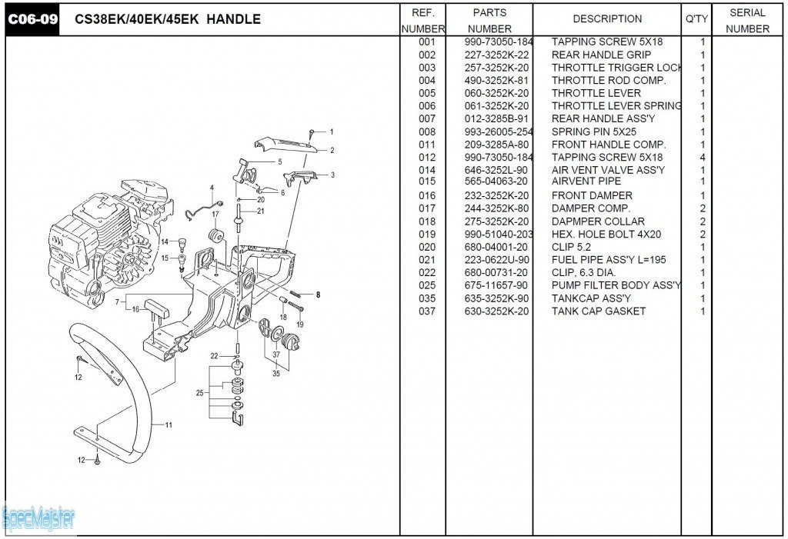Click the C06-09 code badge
pyautogui.click(x=33, y=19)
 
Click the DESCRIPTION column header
pyautogui.click(x=607, y=19)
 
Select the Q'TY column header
pyautogui.click(x=696, y=19)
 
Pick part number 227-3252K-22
pyautogui.click(x=496, y=55)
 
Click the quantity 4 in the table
pyautogui.click(x=702, y=158)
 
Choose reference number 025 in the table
pyautogui.click(x=427, y=285)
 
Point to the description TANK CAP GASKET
pyautogui.click(x=598, y=311)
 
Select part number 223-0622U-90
pyautogui.click(x=496, y=260)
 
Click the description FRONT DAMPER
pyautogui.click(x=592, y=196)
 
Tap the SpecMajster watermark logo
pyautogui.click(x=38, y=519)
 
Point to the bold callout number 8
pyautogui.click(x=317, y=294)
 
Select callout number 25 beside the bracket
pyautogui.click(x=200, y=393)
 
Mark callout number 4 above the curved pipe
pyautogui.click(x=212, y=188)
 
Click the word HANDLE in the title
pyautogui.click(x=235, y=19)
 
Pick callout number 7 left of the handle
pyautogui.click(x=117, y=303)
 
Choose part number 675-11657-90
pyautogui.click(x=496, y=285)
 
